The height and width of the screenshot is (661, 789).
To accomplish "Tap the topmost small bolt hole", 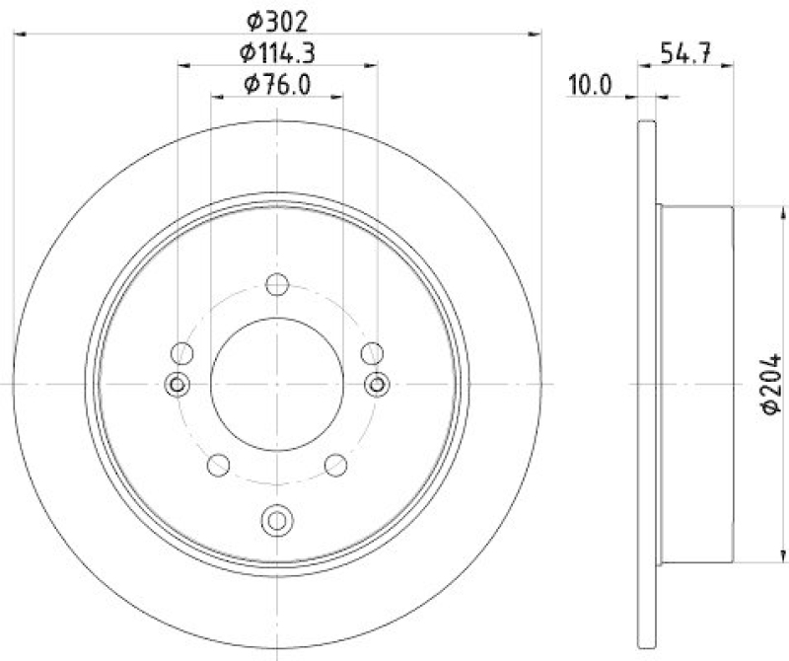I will tap(277, 286).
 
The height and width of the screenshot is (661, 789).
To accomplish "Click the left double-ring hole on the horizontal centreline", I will tap(179, 383).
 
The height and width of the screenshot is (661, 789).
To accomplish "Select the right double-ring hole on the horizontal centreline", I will tap(376, 383).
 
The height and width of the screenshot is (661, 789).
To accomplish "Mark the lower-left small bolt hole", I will tap(218, 464).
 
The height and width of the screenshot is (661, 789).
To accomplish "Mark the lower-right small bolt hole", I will tap(336, 464).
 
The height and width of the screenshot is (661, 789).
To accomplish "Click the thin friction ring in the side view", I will tap(647, 384).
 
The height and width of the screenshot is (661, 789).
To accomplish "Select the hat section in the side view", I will tap(694, 384).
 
